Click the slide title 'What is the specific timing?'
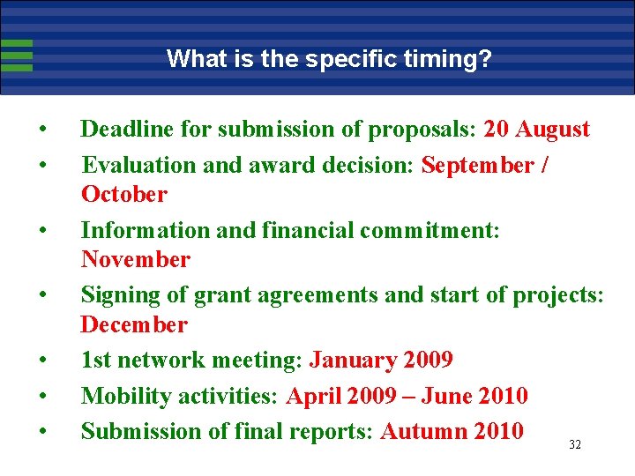pos(329,59)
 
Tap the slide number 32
pos(574,445)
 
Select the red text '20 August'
pos(537,130)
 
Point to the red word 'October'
pos(123,194)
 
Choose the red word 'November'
pos(135,259)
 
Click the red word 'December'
pos(134,324)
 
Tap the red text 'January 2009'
pos(381,361)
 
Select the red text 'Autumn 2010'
pos(452,431)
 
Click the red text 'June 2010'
pos(474,396)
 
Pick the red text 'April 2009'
pos(340,396)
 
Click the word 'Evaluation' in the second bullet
pos(129,166)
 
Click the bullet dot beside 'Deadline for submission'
pos(42,130)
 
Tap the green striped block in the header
pos(17,55)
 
